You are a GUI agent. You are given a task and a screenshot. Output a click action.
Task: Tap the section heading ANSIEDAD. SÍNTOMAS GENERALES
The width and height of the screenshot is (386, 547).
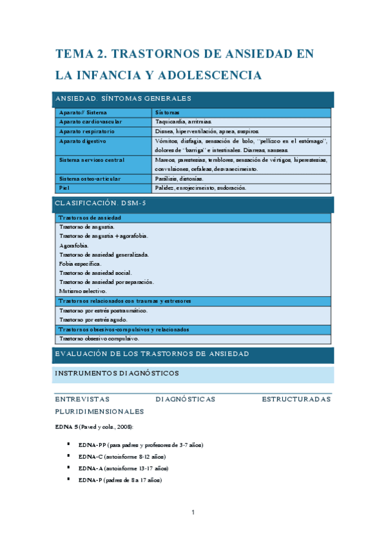point(123,99)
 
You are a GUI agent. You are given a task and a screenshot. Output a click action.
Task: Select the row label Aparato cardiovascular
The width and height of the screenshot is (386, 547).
point(90,121)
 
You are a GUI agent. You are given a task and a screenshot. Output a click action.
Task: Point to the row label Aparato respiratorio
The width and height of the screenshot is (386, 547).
point(87,131)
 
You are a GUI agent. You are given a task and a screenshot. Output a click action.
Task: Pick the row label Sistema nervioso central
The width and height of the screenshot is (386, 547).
point(92,159)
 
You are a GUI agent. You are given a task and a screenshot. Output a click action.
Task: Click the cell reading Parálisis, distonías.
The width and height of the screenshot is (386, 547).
point(179,179)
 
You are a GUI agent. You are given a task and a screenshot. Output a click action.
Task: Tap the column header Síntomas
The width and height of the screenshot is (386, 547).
point(168,112)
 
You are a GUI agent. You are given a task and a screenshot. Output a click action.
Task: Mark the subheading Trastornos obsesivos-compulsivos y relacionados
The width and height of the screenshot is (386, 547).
point(124,329)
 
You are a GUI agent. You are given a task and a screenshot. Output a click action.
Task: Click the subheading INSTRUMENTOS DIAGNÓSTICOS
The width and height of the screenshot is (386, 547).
point(117,373)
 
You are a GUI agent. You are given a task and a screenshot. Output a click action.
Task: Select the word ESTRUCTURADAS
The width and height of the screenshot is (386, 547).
point(296,399)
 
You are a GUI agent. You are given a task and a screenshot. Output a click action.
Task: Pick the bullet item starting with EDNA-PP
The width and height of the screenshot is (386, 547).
point(140,445)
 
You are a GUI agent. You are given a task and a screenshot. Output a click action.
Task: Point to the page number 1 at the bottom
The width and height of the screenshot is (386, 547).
point(193,513)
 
